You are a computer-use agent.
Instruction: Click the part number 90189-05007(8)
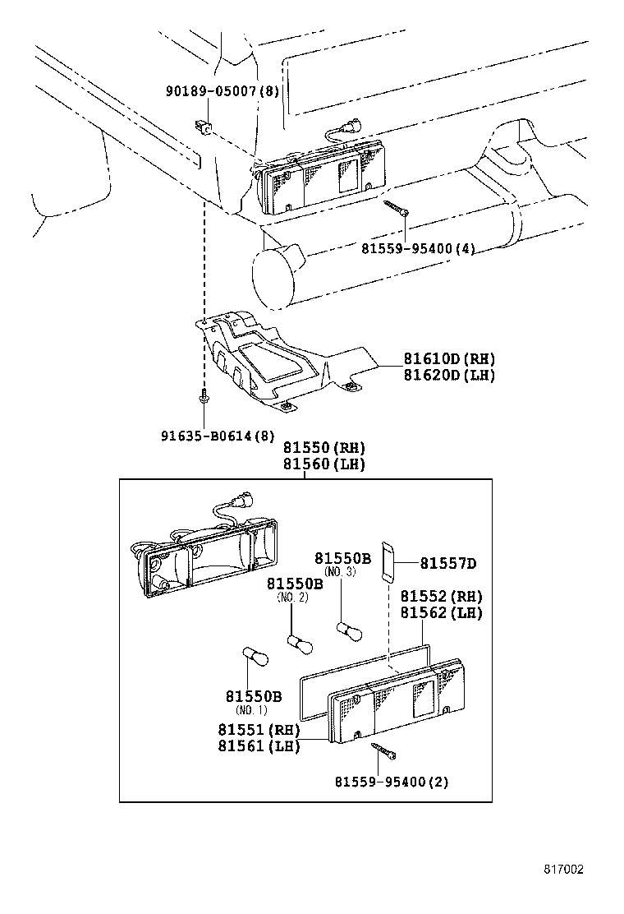coord(221,90)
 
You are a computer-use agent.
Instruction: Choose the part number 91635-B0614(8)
coord(218,436)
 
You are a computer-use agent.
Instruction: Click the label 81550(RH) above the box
coord(324,448)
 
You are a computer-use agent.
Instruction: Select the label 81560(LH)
coord(324,464)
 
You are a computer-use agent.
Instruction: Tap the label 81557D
coord(448,563)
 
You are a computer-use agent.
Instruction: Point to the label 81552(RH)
coord(441,597)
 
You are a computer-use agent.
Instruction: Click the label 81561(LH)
coord(259,746)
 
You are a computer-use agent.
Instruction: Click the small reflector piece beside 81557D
coord(389,561)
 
